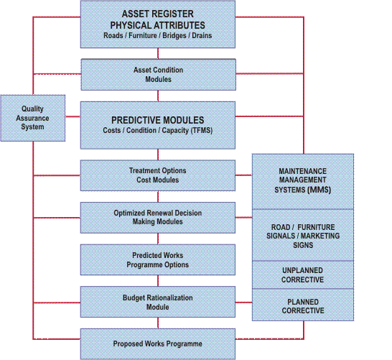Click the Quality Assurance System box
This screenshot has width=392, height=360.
click(x=33, y=118)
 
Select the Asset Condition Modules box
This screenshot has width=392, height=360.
click(x=158, y=75)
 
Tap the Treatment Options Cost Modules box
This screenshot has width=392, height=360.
click(x=158, y=175)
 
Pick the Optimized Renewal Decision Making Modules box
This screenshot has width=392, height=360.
click(x=158, y=218)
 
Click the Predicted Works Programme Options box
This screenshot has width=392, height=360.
click(x=158, y=259)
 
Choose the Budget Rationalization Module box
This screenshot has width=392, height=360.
click(x=158, y=302)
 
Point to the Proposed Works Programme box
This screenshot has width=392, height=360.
click(x=158, y=344)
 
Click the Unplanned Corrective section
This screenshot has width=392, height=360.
click(x=303, y=275)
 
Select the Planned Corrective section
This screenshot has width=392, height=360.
click(x=303, y=305)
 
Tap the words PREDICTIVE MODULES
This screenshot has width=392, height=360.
click(x=157, y=120)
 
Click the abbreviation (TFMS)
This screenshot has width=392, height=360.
click(x=202, y=130)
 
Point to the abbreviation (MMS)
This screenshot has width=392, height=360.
click(x=319, y=190)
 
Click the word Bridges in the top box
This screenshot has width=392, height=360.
click(x=174, y=35)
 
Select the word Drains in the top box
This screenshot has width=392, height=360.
click(x=202, y=35)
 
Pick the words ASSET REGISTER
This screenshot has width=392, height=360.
click(x=157, y=14)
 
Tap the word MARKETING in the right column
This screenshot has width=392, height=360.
click(x=320, y=236)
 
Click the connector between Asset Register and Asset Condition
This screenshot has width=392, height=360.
click(x=158, y=54)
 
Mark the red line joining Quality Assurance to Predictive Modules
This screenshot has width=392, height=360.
click(x=73, y=116)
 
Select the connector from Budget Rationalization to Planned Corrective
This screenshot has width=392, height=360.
click(x=244, y=303)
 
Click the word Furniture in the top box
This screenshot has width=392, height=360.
click(x=142, y=35)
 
